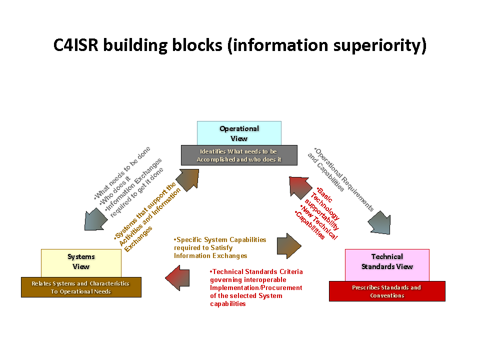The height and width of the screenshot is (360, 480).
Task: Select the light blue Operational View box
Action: [239, 133]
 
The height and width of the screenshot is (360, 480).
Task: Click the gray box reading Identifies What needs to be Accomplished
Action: [239, 155]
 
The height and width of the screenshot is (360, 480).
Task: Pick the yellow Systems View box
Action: [81, 261]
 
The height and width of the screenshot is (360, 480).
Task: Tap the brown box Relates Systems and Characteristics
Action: [81, 287]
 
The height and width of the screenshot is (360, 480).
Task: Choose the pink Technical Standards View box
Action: [387, 264]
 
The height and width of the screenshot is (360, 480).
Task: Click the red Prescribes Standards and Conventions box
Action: [387, 291]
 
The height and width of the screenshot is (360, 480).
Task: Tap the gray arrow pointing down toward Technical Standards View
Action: [379, 222]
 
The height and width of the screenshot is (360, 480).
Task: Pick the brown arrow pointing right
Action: [289, 245]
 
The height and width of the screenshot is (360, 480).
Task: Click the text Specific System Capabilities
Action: [220, 240]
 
